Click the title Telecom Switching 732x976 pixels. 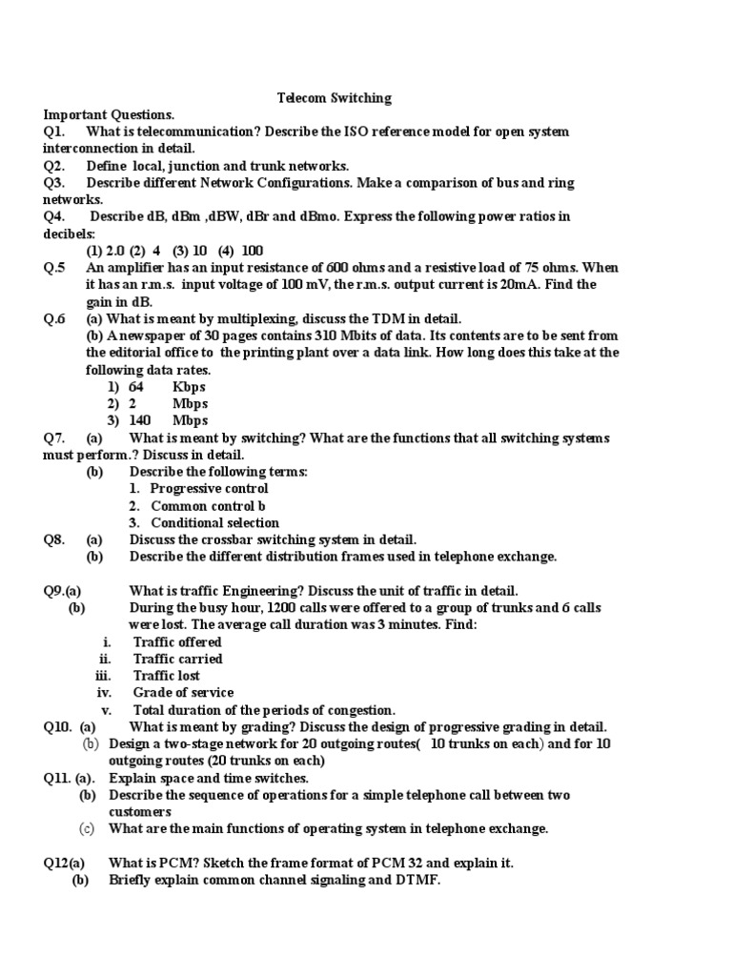tap(334, 97)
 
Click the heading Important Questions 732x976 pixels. tap(109, 114)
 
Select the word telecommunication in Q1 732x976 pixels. tap(194, 132)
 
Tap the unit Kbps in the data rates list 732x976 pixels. tap(189, 387)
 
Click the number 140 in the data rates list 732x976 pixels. tap(140, 421)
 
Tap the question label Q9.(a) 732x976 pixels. tap(62, 591)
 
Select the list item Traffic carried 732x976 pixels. tap(177, 659)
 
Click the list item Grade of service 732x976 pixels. tap(183, 693)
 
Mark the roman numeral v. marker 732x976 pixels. tap(107, 710)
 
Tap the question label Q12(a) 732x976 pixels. tap(64, 863)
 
